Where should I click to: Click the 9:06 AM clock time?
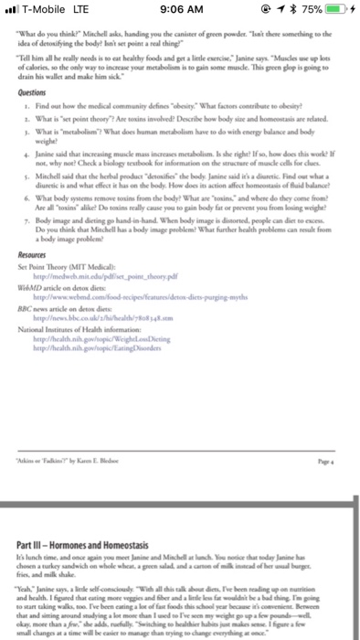tap(179, 12)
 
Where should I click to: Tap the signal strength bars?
tap(13, 12)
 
